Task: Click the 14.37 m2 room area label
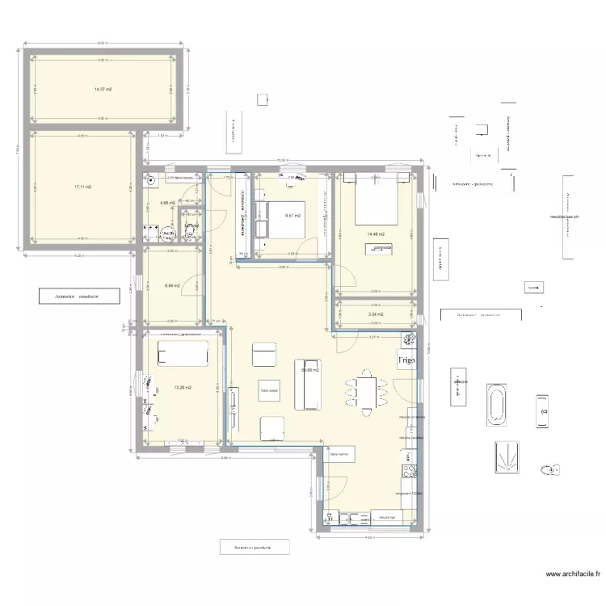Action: (102, 90)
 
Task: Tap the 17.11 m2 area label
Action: (82, 187)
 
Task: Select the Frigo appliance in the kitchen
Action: (406, 360)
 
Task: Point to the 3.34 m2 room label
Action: (376, 314)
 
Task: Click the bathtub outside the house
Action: (496, 406)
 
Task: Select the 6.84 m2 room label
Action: (171, 285)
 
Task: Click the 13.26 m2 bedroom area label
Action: (182, 387)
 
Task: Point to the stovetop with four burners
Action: (410, 469)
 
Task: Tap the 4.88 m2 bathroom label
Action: (167, 204)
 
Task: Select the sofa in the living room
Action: (308, 384)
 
